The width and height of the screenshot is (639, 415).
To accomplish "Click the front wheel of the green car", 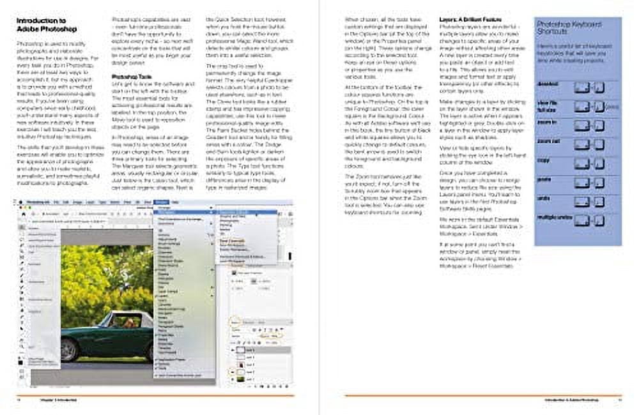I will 69,351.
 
